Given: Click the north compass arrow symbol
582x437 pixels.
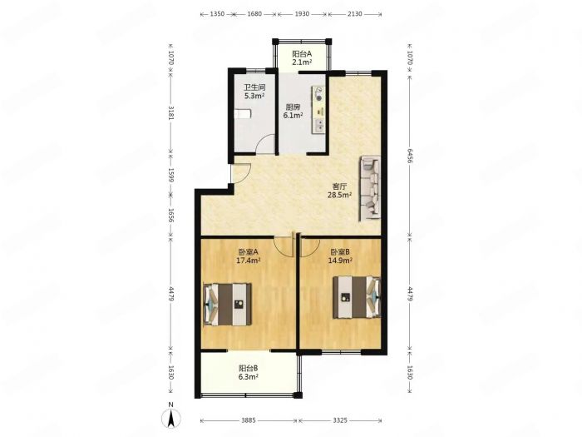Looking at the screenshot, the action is [171, 419].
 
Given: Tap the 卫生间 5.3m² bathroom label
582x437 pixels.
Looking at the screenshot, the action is [254, 92].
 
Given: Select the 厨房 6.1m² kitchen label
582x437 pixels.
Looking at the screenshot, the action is [293, 111].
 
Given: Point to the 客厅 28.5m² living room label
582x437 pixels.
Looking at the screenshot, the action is [339, 191].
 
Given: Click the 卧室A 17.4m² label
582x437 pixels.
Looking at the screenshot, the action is [249, 256].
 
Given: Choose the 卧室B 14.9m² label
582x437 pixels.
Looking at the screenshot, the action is [340, 256].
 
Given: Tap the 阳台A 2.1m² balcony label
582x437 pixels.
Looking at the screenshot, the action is [301, 58].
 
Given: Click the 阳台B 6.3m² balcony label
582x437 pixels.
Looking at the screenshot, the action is [249, 372].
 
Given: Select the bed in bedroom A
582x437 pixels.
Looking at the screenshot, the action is [228, 305].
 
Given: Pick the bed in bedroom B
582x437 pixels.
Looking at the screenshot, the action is [357, 297].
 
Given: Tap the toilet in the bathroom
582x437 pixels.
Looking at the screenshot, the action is [243, 113].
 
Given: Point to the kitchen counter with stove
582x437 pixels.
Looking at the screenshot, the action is [318, 110].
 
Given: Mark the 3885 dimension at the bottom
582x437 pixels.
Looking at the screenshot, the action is [249, 420].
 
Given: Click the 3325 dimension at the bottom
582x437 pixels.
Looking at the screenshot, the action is [339, 420].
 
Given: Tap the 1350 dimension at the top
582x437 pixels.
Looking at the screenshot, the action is [217, 14].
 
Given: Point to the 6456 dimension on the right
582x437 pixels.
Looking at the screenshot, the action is [409, 156].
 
